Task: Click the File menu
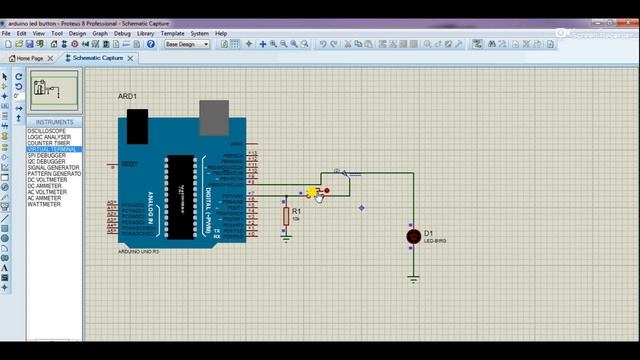click(7, 33)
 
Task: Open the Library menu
click(146, 33)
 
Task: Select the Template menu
click(172, 33)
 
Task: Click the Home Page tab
click(29, 58)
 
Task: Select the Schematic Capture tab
click(98, 58)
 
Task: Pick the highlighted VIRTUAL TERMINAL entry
click(51, 149)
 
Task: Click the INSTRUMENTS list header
click(54, 122)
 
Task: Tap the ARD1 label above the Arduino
click(127, 97)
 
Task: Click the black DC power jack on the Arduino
click(137, 123)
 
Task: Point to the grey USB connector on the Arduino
click(213, 116)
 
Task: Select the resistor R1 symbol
click(285, 214)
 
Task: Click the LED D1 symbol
click(413, 236)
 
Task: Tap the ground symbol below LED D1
click(413, 279)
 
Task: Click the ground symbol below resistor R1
click(285, 238)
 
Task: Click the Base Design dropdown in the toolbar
click(187, 44)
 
